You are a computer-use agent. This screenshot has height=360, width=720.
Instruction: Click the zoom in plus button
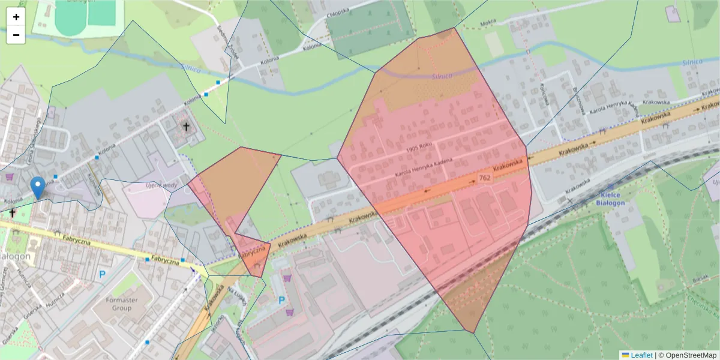click(16, 17)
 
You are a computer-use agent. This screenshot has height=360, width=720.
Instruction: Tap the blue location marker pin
click(38, 188)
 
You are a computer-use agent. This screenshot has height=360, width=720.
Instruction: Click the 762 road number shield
click(485, 178)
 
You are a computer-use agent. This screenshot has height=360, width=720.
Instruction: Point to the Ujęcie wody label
click(161, 186)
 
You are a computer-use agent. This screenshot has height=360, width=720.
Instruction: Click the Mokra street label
click(488, 24)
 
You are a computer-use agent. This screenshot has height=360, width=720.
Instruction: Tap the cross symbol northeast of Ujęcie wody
click(186, 127)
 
